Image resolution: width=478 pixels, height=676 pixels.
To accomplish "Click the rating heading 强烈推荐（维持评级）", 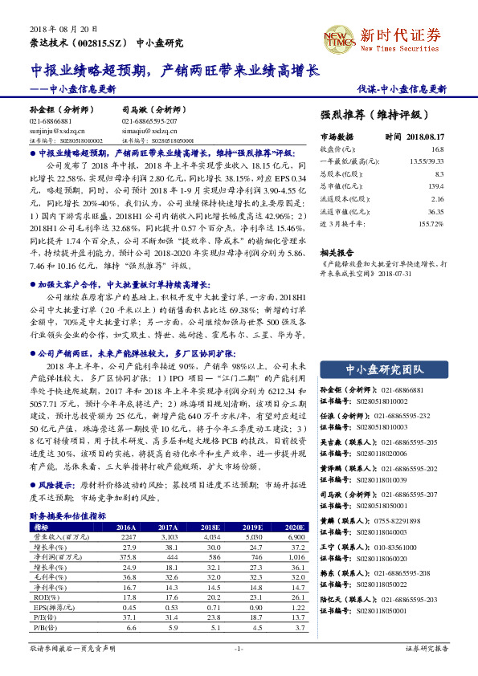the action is click(x=370, y=114).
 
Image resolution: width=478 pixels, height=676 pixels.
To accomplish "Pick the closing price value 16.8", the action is click(x=437, y=149).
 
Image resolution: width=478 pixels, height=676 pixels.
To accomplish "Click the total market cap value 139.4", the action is click(x=435, y=185).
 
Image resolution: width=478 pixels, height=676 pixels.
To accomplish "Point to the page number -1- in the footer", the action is click(x=239, y=648).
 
